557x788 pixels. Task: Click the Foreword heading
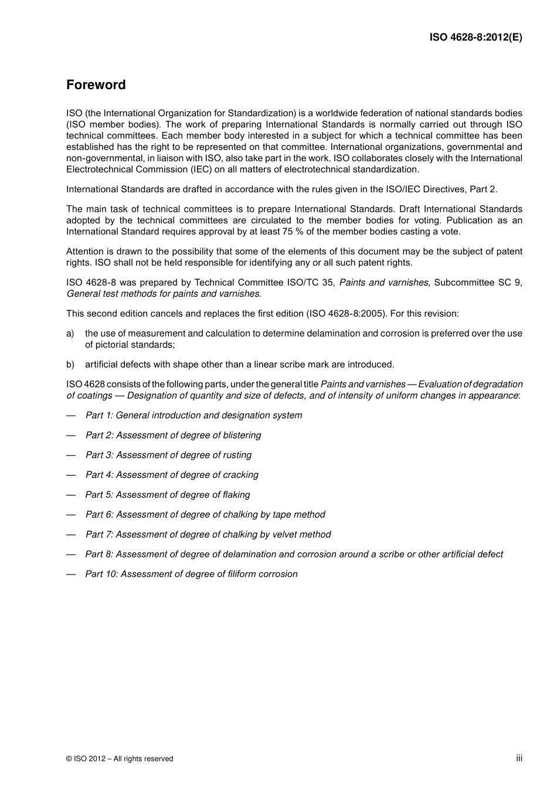click(96, 85)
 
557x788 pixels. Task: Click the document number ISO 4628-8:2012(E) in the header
click(476, 37)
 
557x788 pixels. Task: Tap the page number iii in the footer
click(519, 758)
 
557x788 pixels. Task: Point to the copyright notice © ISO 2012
click(120, 759)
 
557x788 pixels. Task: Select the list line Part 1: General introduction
click(193, 416)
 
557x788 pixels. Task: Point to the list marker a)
click(70, 334)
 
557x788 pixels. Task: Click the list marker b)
click(70, 365)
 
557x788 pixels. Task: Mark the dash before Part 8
click(71, 555)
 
